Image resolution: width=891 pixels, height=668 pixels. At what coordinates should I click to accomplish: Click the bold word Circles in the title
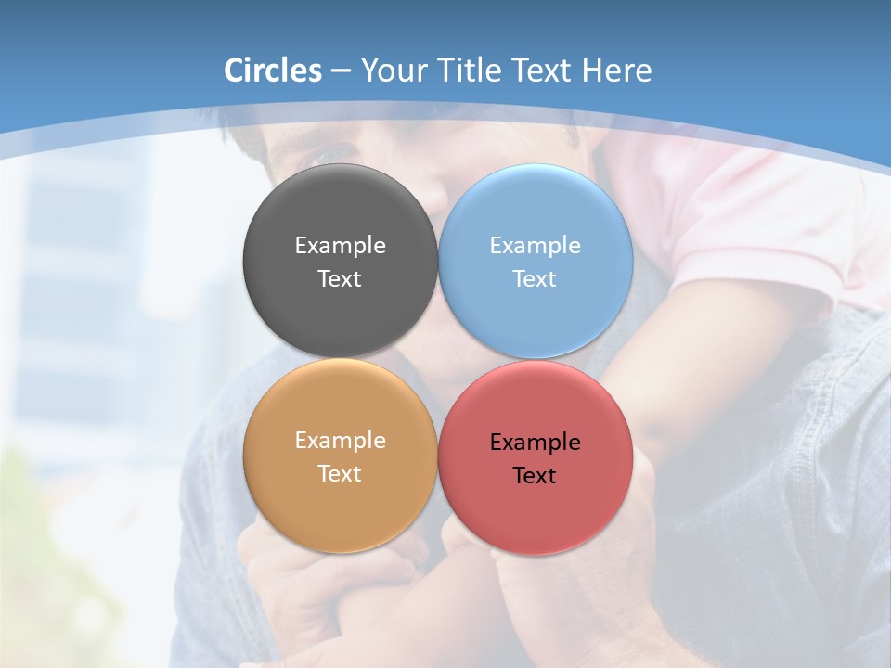tap(273, 71)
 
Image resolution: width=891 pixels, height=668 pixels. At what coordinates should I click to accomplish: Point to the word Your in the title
tap(392, 71)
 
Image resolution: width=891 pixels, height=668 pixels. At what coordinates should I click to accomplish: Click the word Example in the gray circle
tap(340, 245)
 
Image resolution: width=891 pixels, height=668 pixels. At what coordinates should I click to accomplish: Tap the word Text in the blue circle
tap(535, 278)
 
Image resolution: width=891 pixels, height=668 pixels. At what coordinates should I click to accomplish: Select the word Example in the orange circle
tap(340, 440)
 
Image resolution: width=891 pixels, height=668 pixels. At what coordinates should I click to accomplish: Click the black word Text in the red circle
tap(535, 475)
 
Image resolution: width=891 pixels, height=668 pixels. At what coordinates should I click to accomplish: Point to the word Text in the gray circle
tap(340, 278)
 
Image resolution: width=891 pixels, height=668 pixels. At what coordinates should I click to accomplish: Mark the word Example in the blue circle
tap(535, 245)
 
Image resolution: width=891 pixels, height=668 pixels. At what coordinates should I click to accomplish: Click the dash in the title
tap(341, 71)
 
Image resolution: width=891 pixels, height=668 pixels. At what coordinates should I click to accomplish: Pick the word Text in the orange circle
tap(340, 473)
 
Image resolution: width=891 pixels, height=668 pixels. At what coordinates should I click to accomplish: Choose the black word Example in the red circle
tap(535, 442)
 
